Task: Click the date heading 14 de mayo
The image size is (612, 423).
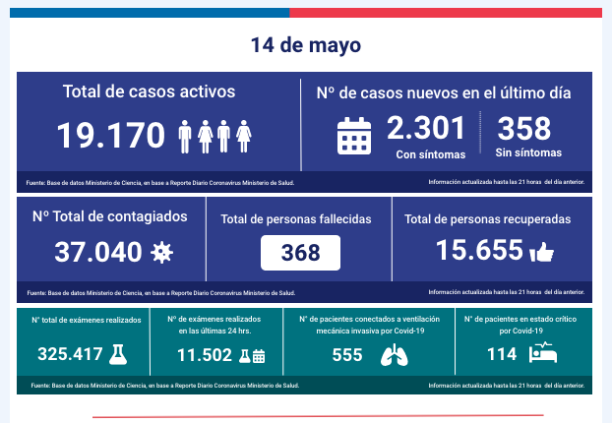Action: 305,45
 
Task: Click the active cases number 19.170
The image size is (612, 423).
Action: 110,136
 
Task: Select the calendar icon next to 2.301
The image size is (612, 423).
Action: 353,136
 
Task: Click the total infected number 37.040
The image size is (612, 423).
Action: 97,252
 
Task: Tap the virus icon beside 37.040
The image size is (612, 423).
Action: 161,253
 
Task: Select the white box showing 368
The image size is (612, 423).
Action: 300,253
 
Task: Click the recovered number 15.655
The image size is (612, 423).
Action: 479,251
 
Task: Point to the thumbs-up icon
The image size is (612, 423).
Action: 542,253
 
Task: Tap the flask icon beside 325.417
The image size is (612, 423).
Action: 118,353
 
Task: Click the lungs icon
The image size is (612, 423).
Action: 393,355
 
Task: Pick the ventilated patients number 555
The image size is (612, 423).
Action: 347,355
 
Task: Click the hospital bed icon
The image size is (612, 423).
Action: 542,351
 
